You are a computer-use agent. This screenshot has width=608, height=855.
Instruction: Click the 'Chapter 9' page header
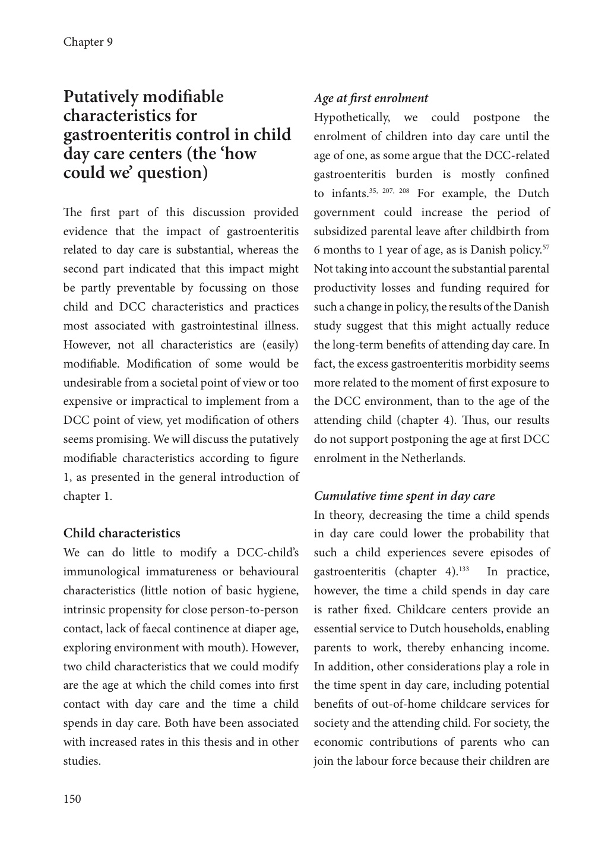point(88,42)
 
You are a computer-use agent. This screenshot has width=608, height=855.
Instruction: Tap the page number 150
point(72,799)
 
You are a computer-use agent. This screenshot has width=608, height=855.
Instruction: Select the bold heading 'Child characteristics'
point(122,533)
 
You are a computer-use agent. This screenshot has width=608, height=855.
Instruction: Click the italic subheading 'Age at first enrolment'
point(370,99)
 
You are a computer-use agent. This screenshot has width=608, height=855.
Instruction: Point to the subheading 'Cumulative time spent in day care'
point(404,496)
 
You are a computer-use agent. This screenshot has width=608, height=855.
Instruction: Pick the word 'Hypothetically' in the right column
point(351,118)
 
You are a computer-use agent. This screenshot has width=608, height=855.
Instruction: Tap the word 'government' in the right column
point(344,213)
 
